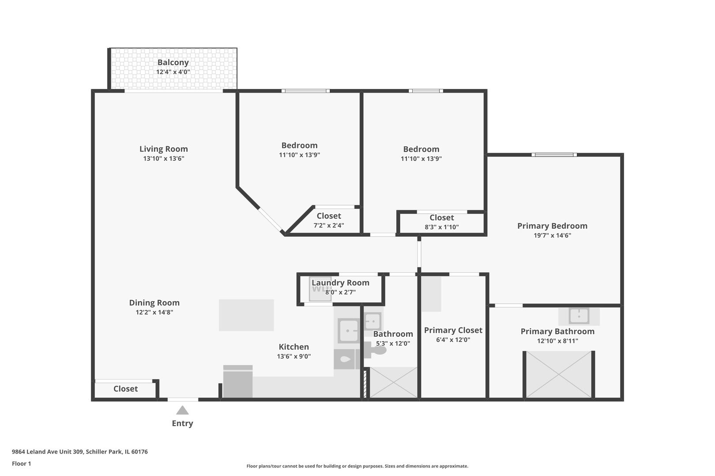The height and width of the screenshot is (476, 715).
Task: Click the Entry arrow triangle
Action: coord(182,410)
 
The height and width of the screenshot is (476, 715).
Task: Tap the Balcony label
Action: coord(173,63)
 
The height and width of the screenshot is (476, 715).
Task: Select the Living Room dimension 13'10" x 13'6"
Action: coord(163,159)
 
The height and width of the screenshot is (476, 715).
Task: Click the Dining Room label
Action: coord(154,303)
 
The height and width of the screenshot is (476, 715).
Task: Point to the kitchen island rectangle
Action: coord(246,315)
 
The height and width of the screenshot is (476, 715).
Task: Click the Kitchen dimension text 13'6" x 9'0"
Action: coord(294,357)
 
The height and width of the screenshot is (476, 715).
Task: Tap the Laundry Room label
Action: coord(340,283)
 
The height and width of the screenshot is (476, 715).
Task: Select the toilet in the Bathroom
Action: coord(376,350)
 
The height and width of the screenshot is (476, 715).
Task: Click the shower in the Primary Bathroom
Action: coord(558,375)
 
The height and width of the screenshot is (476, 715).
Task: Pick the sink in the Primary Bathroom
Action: coord(579,316)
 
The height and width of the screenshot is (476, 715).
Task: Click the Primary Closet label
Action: coord(453,330)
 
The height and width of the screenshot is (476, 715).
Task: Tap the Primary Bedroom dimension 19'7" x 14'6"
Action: coord(552,235)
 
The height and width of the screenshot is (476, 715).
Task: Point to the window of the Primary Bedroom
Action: coord(554,155)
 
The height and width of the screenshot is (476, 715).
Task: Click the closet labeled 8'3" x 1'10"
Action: coord(441,222)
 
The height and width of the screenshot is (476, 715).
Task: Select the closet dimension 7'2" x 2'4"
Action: coord(329,226)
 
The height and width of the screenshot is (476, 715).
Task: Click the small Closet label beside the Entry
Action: coord(125,389)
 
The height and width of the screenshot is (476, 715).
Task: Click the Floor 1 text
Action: coord(21,464)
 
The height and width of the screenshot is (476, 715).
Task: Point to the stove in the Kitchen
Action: coord(238,382)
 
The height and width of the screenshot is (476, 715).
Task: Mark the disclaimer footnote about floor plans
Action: coord(357,466)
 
